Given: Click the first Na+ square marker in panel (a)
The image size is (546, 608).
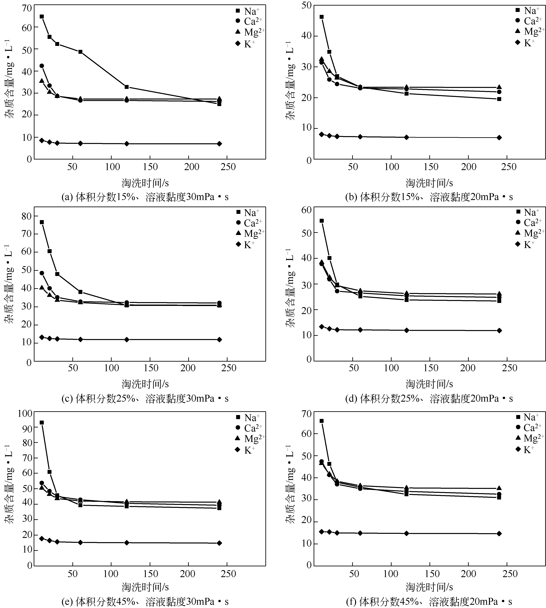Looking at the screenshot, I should point(42,17).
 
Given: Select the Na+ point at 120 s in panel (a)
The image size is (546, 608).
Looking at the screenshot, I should point(127,87).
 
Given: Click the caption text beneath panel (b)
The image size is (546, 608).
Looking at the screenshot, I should point(429,197).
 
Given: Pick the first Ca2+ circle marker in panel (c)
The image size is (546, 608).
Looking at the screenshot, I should point(42,273).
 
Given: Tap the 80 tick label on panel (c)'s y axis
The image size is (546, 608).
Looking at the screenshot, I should point(27,216).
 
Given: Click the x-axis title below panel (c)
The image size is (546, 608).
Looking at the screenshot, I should point(145,384).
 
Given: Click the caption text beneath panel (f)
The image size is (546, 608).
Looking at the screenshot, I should point(429,602).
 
